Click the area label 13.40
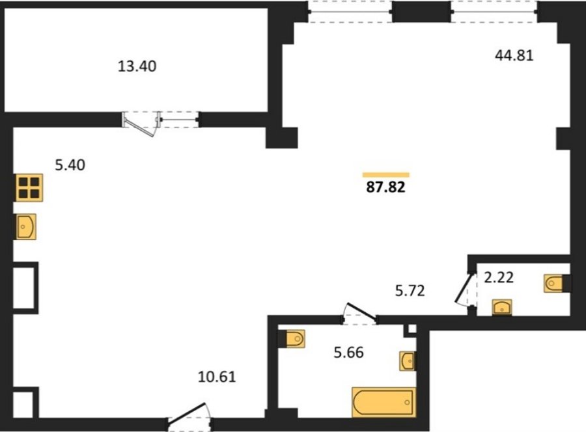(137, 66)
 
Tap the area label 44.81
(514, 56)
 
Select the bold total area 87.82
(385, 187)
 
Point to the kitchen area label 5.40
(70, 165)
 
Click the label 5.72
(410, 290)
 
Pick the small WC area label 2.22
(499, 277)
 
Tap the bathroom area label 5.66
(349, 352)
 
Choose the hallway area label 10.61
(217, 377)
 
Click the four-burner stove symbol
(29, 188)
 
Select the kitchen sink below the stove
(26, 226)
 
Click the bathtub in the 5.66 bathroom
(384, 402)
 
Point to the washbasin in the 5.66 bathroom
(408, 360)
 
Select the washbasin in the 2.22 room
(502, 307)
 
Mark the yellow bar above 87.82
(385, 175)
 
